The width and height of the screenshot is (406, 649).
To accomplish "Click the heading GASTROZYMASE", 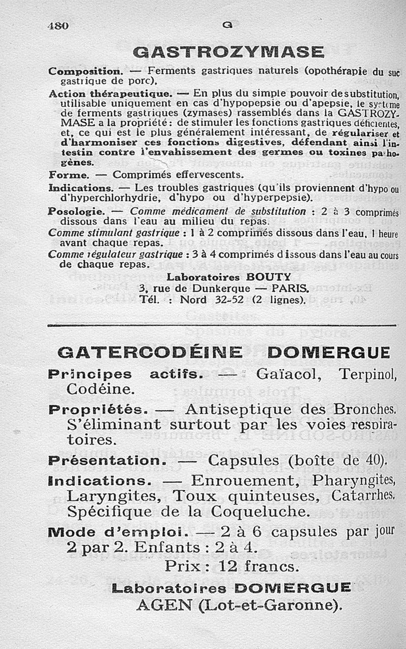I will coord(228,52).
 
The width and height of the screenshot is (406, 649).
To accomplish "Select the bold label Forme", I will coord(69,174).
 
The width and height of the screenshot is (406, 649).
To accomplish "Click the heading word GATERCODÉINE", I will coord(150,352).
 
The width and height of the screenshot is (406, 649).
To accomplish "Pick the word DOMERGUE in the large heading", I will coord(328,352).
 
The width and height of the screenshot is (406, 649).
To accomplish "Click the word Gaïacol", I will coord(285,375).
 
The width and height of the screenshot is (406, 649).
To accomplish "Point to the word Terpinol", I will coord(366,375).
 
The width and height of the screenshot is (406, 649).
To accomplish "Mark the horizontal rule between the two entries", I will coord(220,326).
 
